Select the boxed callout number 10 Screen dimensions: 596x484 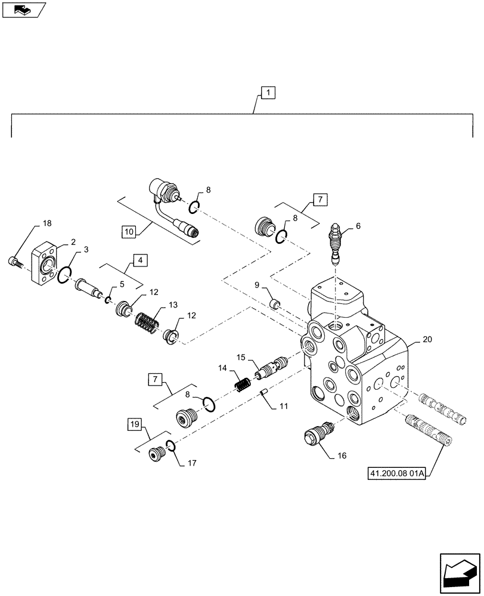click(x=129, y=230)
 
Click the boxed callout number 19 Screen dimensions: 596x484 click(x=135, y=424)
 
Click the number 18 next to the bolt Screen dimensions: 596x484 click(x=46, y=223)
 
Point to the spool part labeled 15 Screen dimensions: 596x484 click(x=269, y=368)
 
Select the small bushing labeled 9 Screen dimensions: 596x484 click(x=275, y=304)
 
